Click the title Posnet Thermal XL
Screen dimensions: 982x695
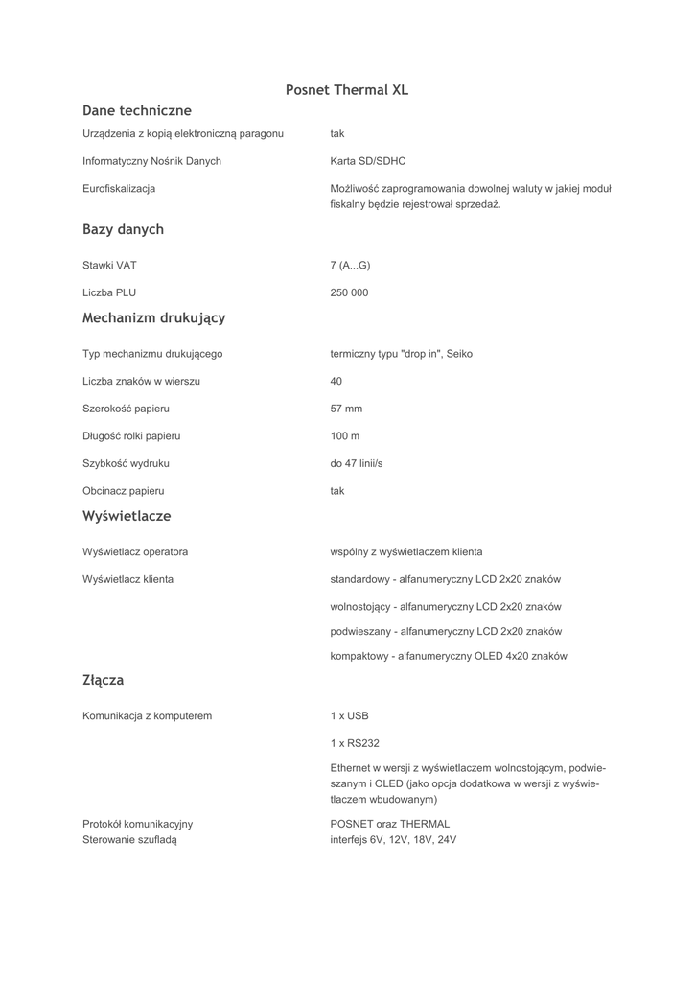tap(347, 90)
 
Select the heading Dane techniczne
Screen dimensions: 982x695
tap(137, 111)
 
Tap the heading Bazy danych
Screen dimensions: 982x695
tap(123, 230)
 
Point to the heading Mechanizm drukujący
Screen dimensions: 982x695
tap(153, 317)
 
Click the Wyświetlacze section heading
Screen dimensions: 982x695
tap(127, 516)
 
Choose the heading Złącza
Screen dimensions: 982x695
tap(104, 681)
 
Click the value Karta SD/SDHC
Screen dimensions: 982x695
tap(368, 161)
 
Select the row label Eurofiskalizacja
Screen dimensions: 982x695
tap(119, 189)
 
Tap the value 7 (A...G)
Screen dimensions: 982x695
tap(350, 266)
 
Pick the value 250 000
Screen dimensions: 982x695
tap(349, 293)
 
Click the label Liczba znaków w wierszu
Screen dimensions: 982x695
tap(141, 382)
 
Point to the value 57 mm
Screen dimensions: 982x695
tap(346, 409)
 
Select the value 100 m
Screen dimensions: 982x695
tap(345, 436)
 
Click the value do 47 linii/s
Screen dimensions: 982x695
tap(357, 464)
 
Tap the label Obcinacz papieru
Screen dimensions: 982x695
tap(124, 491)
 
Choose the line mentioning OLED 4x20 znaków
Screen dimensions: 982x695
tap(449, 657)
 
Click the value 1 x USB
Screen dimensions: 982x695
tap(349, 716)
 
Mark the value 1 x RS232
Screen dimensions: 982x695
tap(355, 743)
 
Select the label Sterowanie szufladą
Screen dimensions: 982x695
tap(129, 840)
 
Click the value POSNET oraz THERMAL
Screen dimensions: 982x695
tap(390, 824)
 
